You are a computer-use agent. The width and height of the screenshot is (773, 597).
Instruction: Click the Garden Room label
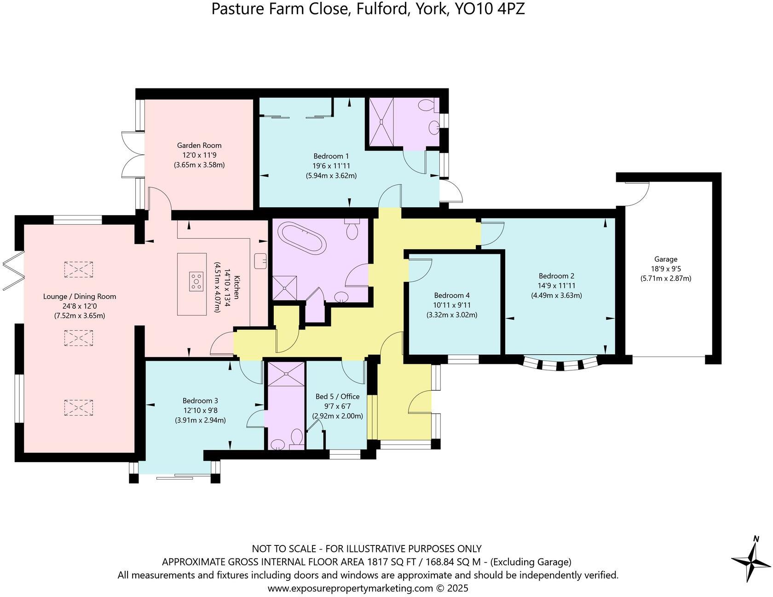click(x=199, y=146)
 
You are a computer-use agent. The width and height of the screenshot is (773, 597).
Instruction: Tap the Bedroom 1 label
click(x=331, y=156)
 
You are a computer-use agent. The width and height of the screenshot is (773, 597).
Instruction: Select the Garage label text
click(x=666, y=259)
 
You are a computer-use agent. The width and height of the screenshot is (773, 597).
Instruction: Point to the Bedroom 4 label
click(x=451, y=295)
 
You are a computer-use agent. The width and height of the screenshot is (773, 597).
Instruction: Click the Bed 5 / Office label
click(x=337, y=397)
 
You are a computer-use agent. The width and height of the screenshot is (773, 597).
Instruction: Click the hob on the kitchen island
click(x=197, y=281)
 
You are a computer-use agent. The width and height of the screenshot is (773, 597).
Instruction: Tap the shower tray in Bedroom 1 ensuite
click(x=382, y=122)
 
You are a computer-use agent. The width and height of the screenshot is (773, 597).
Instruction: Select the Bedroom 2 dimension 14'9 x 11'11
click(x=557, y=286)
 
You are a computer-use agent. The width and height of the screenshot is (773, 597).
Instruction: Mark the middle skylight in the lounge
click(x=79, y=338)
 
